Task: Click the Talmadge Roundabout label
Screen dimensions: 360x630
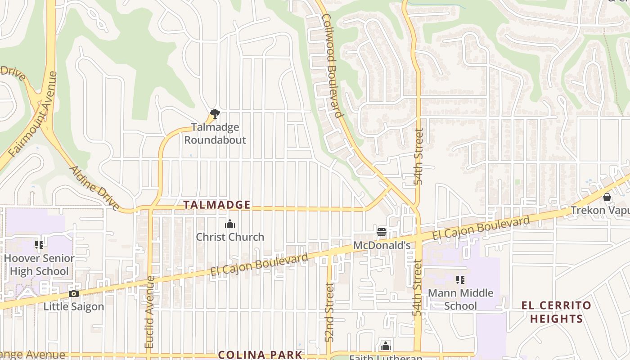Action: (x=215, y=134)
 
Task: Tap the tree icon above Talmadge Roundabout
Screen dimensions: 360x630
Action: (x=215, y=113)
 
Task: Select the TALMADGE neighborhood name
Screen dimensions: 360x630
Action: (x=216, y=205)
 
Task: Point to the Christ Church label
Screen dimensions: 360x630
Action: (x=230, y=237)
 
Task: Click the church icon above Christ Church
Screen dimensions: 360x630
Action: (x=230, y=224)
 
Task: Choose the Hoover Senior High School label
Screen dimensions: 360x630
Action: (x=39, y=265)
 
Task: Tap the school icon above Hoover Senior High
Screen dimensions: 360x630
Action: (x=39, y=245)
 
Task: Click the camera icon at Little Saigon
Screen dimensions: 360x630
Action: (x=74, y=294)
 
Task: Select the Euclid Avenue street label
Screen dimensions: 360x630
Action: (x=150, y=312)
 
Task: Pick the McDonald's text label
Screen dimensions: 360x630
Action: (x=382, y=246)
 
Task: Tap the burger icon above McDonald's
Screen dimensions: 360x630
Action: (x=382, y=232)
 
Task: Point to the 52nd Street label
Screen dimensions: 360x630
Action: (x=330, y=312)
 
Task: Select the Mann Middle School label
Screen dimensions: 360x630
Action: (x=460, y=299)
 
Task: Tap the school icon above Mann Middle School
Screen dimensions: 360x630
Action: (x=460, y=279)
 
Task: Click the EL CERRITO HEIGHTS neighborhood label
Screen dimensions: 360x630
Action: (x=556, y=312)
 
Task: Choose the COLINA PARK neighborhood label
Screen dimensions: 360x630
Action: (x=260, y=355)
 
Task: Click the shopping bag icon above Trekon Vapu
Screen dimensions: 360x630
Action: (x=607, y=197)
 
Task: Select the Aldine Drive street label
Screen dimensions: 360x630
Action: (x=94, y=188)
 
